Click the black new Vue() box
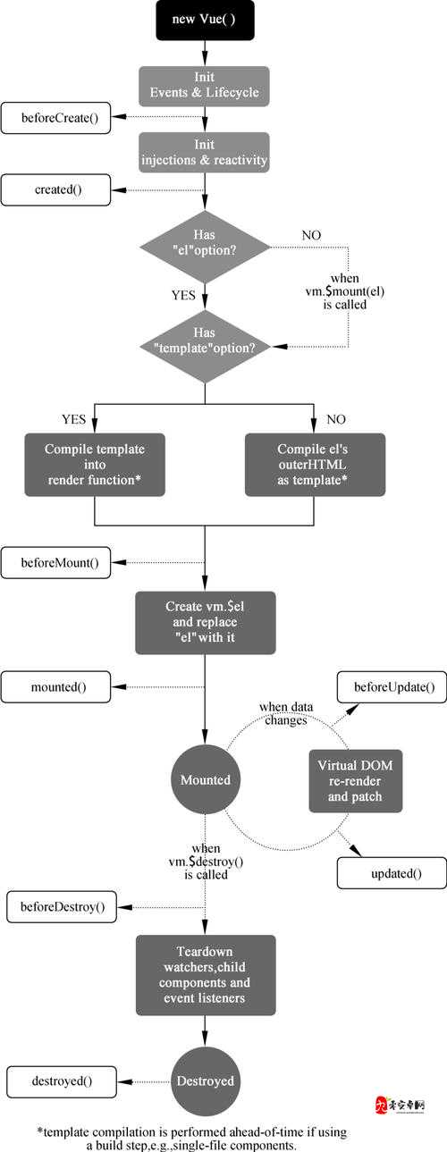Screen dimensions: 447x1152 (206, 20)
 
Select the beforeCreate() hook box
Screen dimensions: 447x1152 (55, 118)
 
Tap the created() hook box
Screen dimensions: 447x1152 (55, 189)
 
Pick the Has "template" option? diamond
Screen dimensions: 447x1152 (206, 346)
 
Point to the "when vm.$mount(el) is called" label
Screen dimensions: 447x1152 (345, 291)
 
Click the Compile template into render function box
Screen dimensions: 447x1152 (95, 465)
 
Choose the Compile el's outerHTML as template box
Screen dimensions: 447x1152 (315, 465)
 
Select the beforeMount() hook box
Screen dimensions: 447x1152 (55, 563)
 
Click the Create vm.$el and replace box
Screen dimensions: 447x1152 (206, 623)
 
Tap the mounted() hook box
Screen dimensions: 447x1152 (55, 687)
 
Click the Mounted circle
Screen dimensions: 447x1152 (206, 779)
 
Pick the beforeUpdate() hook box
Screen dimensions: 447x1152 (392, 687)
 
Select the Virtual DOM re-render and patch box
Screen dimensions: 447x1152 (356, 781)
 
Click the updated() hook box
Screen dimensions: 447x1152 (392, 873)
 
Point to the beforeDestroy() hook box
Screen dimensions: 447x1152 (62, 907)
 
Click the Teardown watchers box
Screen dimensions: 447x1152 (206, 975)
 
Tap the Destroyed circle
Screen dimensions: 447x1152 (206, 1081)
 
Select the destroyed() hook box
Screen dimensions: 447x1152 (62, 1081)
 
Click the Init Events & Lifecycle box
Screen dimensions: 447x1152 (204, 86)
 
